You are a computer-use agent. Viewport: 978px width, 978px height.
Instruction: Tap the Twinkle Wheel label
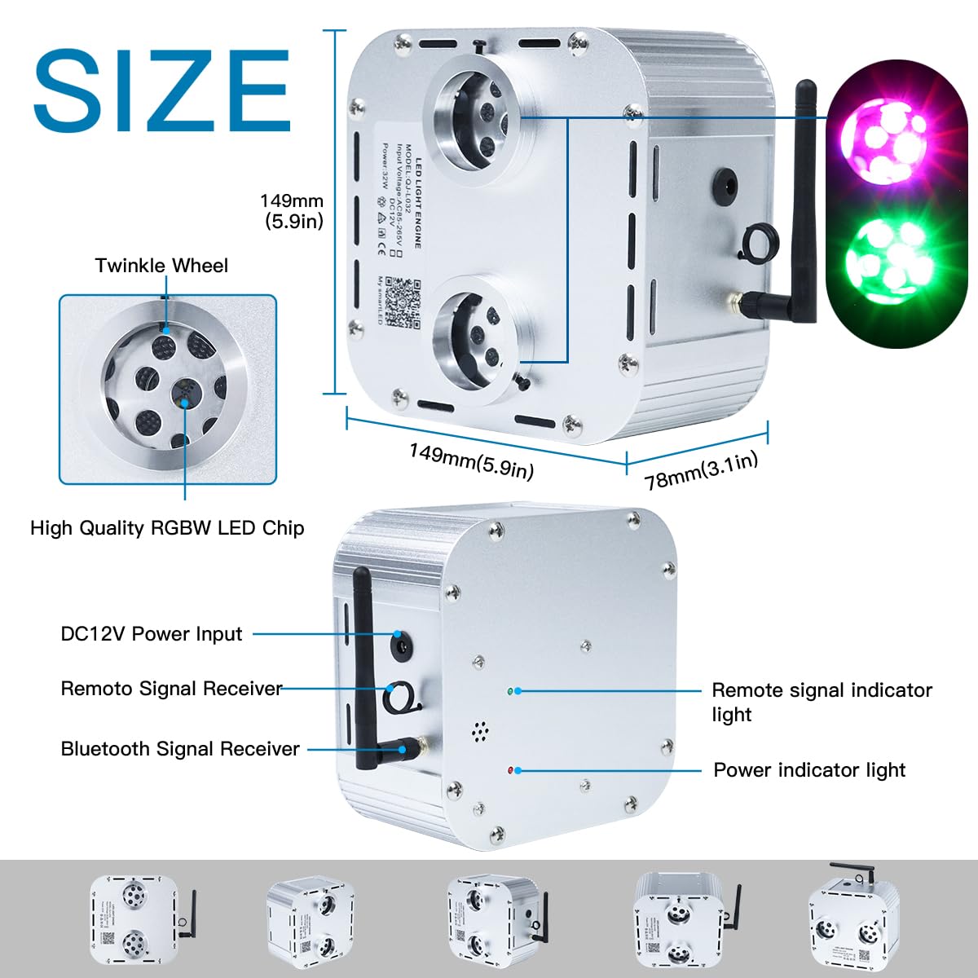(161, 266)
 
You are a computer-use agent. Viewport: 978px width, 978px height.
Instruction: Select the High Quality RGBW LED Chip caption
(167, 528)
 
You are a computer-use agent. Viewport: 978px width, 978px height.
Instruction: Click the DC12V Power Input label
(152, 634)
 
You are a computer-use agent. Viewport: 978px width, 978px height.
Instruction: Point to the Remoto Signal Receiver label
(171, 689)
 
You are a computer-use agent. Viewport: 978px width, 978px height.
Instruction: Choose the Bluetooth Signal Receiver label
(180, 749)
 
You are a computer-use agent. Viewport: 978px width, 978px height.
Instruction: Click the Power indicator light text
(809, 770)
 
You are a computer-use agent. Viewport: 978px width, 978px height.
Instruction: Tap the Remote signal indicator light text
(822, 702)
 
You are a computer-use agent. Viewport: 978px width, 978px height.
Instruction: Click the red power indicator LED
(510, 770)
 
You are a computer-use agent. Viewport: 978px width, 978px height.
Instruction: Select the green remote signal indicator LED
(510, 691)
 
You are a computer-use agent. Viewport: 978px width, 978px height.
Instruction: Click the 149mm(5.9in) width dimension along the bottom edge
(471, 461)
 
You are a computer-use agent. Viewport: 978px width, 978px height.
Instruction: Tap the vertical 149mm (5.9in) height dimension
(292, 210)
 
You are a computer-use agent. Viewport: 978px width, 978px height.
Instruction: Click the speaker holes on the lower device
(481, 731)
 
